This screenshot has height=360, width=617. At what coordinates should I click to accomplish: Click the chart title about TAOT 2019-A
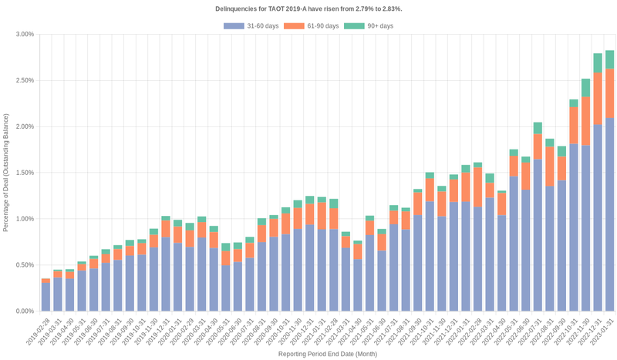[x=308, y=8]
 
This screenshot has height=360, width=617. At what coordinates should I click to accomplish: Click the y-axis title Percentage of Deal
[x=6, y=173]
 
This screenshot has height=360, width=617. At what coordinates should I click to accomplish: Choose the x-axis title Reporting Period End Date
[x=327, y=354]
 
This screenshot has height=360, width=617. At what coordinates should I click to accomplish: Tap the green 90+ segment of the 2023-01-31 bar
[x=609, y=59]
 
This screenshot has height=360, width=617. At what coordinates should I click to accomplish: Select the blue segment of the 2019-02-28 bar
[x=46, y=297]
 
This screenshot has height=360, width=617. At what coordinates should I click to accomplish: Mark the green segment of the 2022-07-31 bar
[x=538, y=128]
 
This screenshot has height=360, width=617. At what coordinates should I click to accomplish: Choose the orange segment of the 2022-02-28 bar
[x=477, y=187]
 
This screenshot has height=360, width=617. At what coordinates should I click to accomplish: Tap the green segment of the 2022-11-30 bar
[x=585, y=87]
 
